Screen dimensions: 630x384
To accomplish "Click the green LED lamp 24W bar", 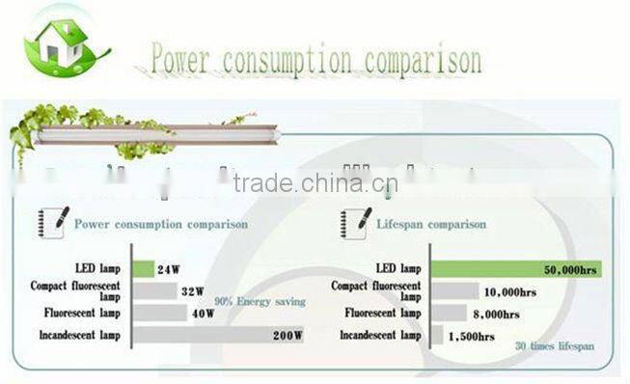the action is pyautogui.click(x=143, y=269).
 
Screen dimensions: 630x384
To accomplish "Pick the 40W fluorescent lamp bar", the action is pyautogui.click(x=158, y=313).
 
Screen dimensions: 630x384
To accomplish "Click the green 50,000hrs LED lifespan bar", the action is pyautogui.click(x=515, y=269).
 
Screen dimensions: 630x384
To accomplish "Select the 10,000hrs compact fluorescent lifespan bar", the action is pyautogui.click(x=454, y=290).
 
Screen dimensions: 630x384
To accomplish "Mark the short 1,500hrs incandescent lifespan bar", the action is pyautogui.click(x=437, y=336).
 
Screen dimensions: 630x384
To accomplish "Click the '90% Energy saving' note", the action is pyautogui.click(x=260, y=301).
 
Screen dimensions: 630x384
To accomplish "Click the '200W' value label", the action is pyautogui.click(x=287, y=336).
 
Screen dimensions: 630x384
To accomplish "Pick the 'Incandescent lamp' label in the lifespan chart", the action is pyautogui.click(x=380, y=336).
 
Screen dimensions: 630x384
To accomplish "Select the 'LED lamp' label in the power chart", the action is pyautogui.click(x=97, y=268).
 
